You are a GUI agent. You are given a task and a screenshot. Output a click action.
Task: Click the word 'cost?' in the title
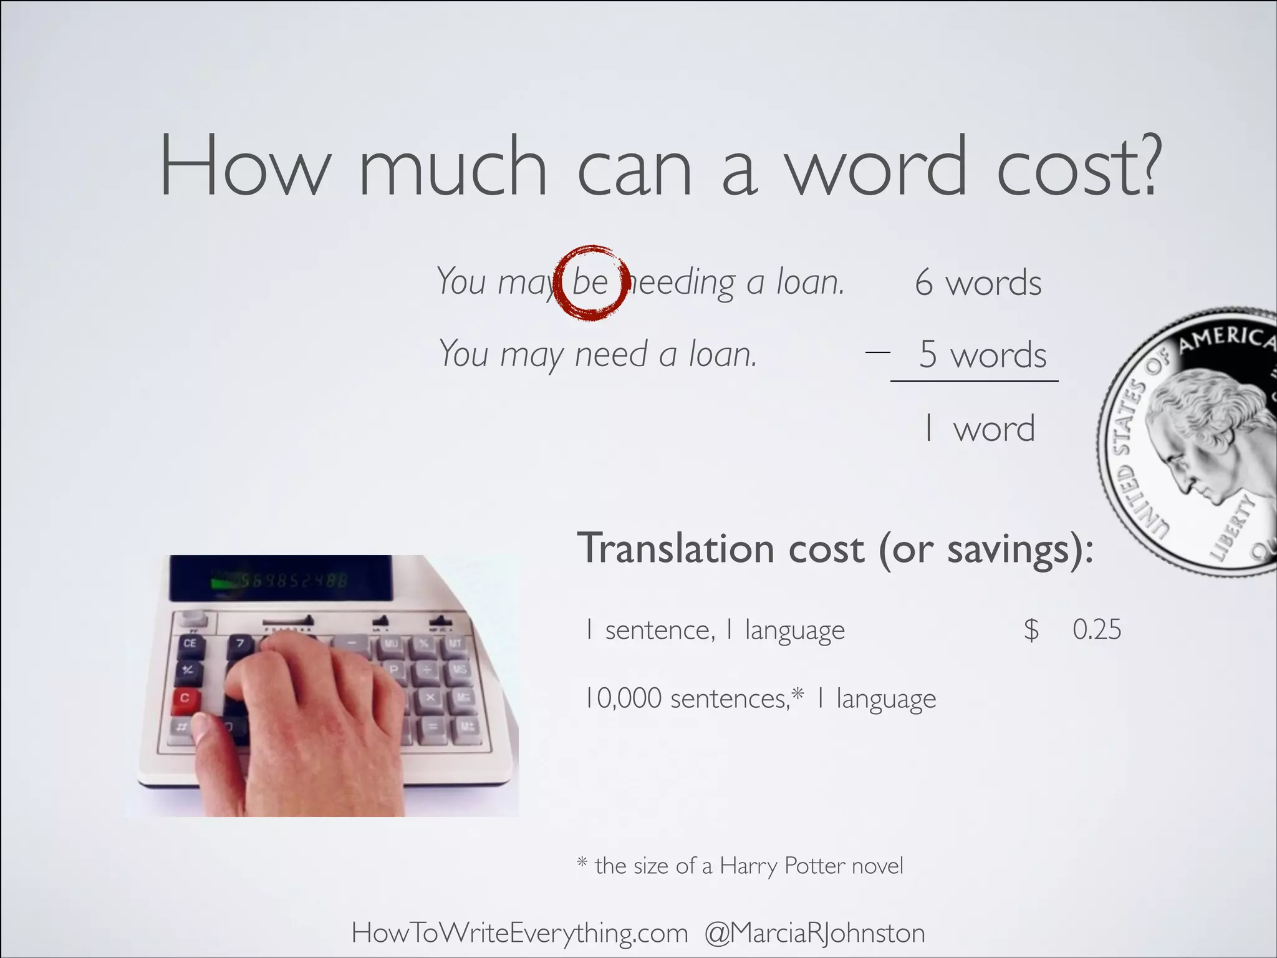1079,167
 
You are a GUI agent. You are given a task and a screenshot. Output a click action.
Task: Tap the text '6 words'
978,283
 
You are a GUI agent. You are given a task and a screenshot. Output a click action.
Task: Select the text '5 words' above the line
983,354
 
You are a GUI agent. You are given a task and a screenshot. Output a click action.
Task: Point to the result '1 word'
979,428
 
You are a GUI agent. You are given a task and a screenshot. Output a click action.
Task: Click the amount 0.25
1096,629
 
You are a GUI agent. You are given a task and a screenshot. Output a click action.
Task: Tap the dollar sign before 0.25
1031,630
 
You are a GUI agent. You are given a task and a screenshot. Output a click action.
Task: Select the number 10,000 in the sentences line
623,698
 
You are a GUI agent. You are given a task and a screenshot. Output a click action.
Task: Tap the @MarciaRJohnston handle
814,933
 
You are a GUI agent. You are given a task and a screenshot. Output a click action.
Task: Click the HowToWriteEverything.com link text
519,933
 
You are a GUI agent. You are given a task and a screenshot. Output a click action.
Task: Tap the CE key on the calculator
190,643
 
